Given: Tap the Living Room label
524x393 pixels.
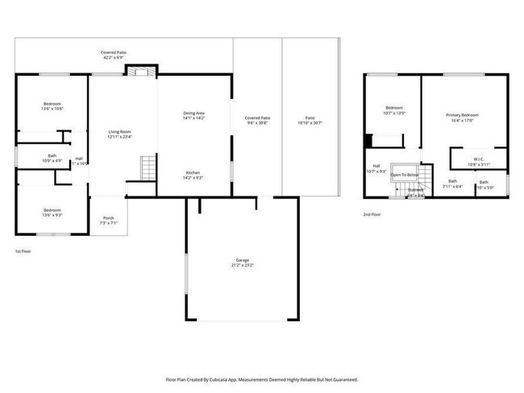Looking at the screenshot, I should point(119,134).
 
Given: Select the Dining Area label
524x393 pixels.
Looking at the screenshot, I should point(194,116).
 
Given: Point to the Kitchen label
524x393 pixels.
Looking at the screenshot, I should point(193,175).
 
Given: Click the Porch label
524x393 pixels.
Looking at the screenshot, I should point(108,220).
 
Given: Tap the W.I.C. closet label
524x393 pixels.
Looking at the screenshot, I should point(478,161).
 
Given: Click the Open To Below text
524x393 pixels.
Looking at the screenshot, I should point(405,175).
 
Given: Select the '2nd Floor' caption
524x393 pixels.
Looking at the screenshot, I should point(372,214).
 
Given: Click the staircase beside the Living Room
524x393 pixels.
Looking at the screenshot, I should point(148,169).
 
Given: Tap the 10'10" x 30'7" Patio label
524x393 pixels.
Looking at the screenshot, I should point(310,120).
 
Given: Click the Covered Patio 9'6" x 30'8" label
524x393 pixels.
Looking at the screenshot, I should point(258,120).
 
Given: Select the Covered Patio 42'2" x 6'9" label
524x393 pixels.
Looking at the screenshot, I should point(114,55).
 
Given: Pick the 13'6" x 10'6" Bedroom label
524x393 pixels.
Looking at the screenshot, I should point(52,105).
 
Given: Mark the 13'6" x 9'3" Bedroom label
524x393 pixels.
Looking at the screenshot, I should point(52,212).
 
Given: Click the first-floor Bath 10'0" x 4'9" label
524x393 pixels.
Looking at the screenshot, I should point(52,158).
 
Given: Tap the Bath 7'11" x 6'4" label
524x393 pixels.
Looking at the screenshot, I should point(452,184).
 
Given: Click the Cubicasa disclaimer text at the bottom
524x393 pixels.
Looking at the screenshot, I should point(262,379).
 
